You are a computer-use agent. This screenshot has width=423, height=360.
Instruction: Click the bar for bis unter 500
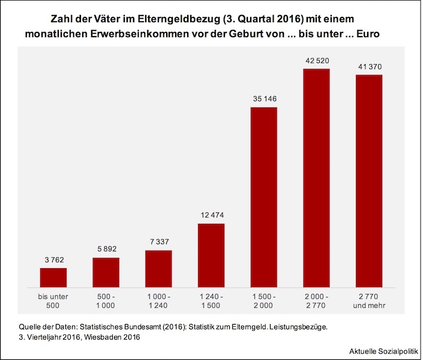[53, 277]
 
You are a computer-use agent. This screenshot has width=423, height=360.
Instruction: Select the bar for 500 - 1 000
[106, 272]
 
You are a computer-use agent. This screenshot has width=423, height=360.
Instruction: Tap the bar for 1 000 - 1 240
[158, 268]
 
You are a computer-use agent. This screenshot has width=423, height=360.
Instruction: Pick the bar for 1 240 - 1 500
[211, 255]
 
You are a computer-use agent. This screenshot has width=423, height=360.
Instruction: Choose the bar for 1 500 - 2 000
[263, 197]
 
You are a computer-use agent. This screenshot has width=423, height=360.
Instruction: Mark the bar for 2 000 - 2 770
[316, 178]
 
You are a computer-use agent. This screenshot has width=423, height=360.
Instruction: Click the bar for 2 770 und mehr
[368, 181]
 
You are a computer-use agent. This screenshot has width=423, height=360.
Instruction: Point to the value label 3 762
[53, 260]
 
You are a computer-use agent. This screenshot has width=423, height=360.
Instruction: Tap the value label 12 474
[211, 215]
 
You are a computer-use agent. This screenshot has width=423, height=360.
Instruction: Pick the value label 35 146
[263, 99]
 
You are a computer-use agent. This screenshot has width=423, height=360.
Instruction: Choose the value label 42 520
[316, 61]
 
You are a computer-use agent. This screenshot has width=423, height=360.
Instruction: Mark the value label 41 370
[368, 67]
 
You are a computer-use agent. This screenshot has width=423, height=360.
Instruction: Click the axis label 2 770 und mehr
[368, 301]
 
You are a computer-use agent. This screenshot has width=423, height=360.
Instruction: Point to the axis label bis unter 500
[53, 301]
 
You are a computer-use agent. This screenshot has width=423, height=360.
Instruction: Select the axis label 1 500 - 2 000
[263, 301]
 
